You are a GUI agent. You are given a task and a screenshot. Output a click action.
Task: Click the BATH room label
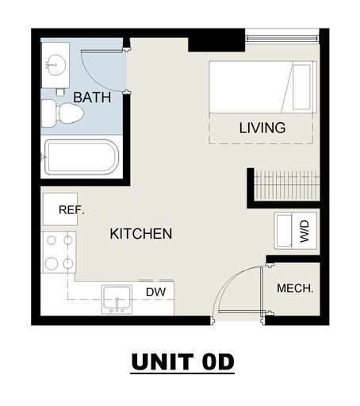point(92,98)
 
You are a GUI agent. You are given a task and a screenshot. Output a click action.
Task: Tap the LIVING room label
point(262,128)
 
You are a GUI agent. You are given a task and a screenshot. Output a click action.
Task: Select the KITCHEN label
point(141,234)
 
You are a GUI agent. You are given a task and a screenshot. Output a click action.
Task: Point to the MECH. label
point(295,288)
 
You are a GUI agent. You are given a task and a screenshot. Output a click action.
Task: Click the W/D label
point(304,232)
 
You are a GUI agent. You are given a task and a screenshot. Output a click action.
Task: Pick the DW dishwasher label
point(155,292)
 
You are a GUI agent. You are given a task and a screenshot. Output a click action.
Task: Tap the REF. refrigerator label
point(71,210)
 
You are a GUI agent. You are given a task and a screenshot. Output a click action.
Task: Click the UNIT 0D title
point(182,362)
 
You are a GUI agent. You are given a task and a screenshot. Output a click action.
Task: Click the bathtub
point(82,157)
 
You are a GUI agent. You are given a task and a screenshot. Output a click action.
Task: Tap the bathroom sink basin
point(55,65)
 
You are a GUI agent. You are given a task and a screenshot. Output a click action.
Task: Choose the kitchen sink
point(117,299)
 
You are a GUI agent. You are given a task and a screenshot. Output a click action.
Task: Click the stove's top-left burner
point(52,240)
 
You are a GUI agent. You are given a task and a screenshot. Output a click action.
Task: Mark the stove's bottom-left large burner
point(52,263)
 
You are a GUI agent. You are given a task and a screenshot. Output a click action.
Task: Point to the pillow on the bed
point(301,87)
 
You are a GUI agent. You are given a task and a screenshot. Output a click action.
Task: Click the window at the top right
point(282,38)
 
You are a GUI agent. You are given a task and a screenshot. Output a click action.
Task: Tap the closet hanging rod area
point(287,186)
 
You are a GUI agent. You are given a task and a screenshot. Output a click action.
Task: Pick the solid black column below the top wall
point(216,44)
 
